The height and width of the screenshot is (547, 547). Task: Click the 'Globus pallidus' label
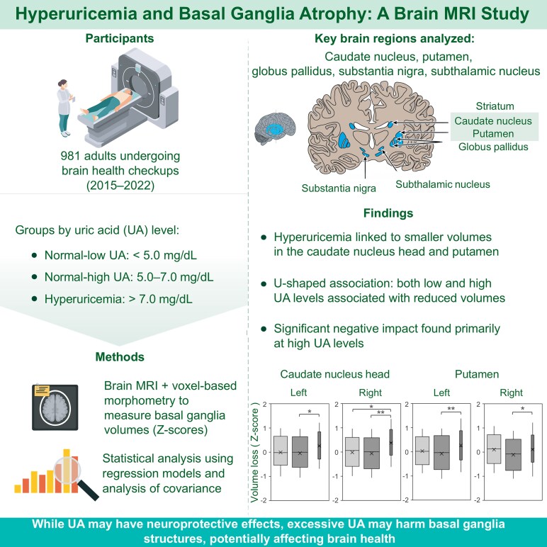[493, 147]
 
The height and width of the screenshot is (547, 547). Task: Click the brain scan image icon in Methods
[55, 407]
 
